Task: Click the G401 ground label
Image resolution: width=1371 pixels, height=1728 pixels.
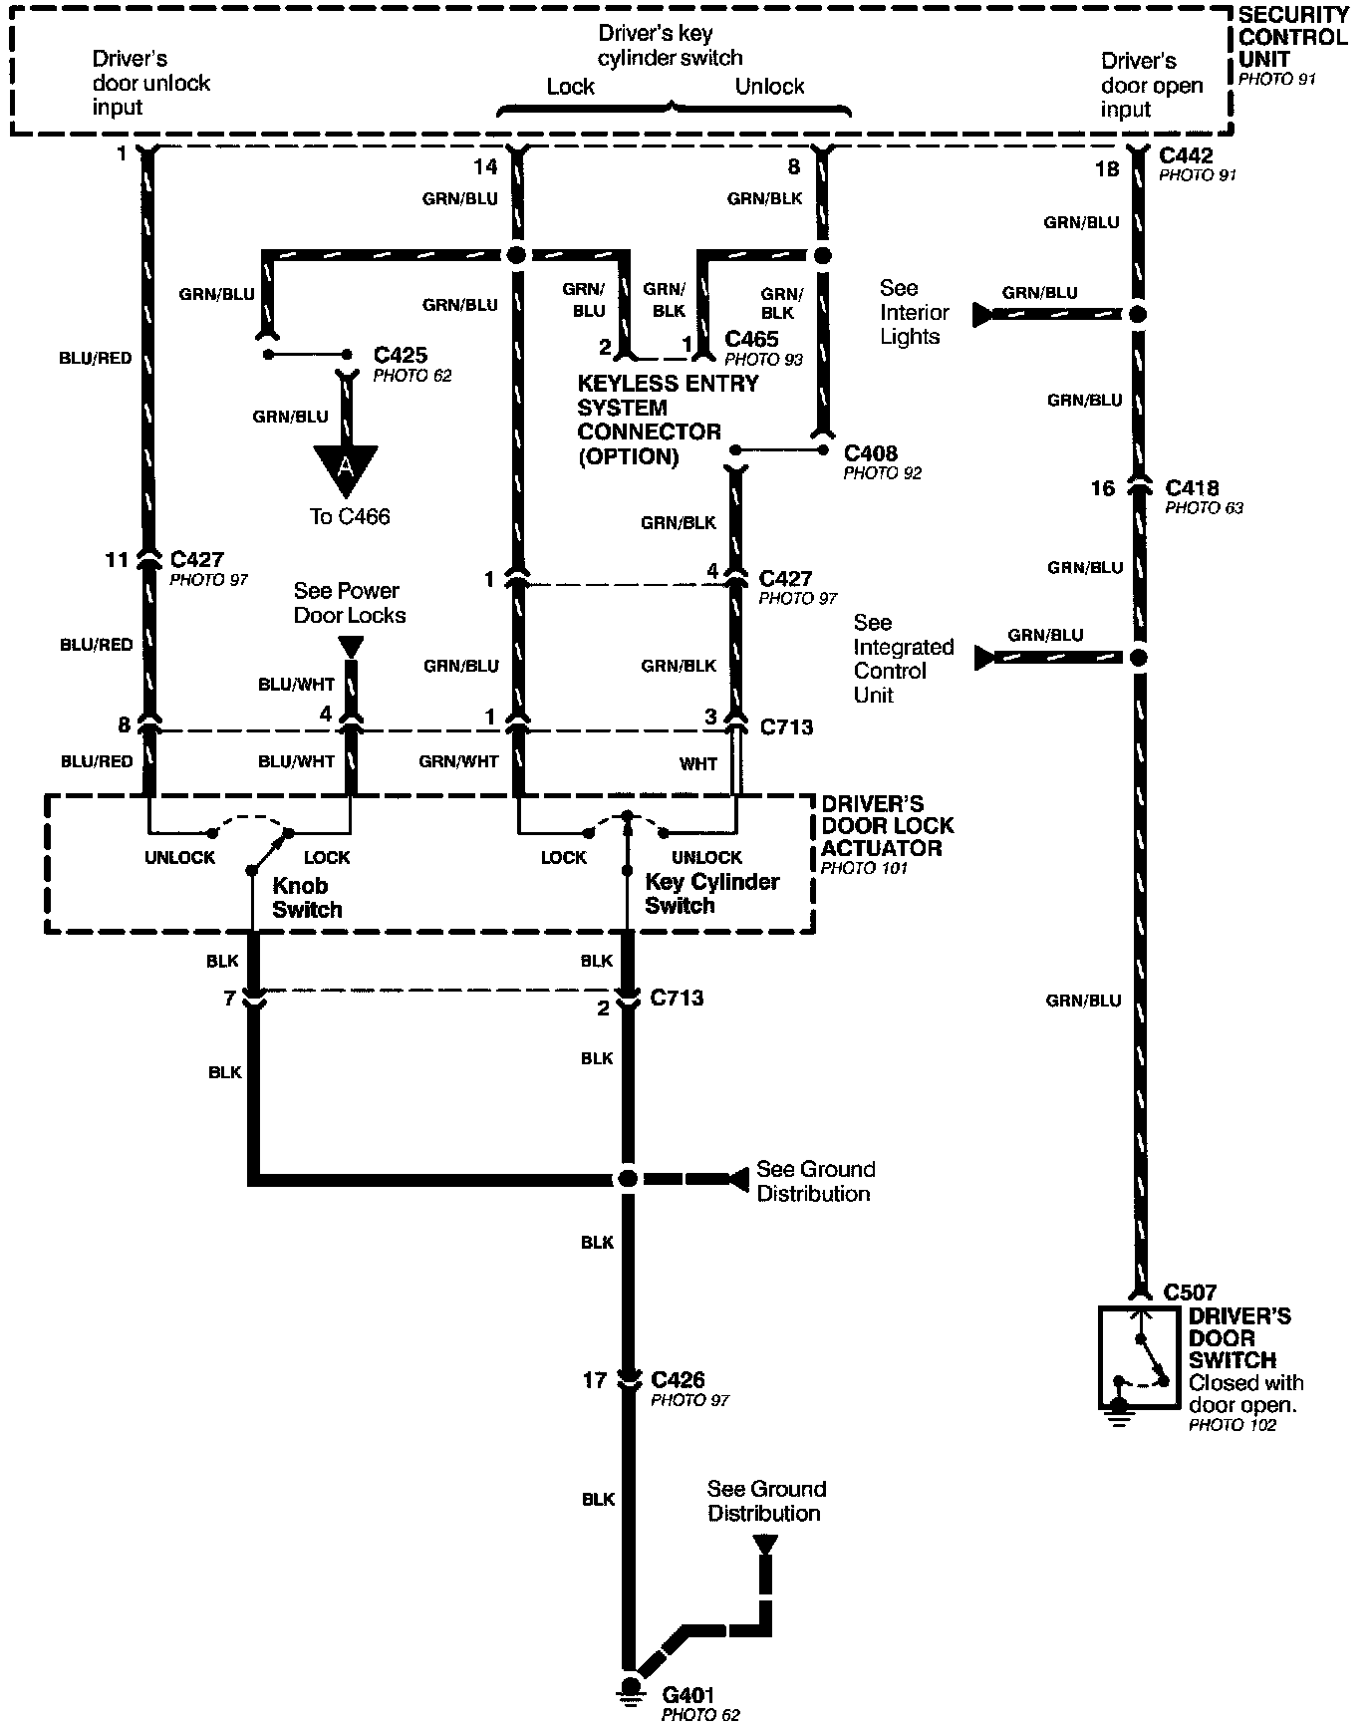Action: point(689,1693)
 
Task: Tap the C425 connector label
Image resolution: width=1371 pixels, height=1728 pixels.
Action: point(401,355)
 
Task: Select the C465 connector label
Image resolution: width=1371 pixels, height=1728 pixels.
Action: point(751,339)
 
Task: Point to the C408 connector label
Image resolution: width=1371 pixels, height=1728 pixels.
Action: point(870,453)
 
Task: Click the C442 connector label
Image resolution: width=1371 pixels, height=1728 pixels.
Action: point(1187,155)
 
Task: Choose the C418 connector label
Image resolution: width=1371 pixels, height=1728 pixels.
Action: point(1192,488)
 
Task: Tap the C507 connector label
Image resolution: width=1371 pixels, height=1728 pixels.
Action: point(1190,1293)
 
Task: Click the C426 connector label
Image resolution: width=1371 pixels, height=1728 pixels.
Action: point(678,1380)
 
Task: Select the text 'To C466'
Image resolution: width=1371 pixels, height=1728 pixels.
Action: point(350,516)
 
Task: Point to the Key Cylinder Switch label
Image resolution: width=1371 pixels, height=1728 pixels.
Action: point(711,893)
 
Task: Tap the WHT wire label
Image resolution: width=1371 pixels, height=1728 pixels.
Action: point(698,763)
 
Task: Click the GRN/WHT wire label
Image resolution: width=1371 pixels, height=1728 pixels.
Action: point(458,761)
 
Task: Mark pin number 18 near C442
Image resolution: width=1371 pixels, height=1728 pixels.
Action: point(1107,169)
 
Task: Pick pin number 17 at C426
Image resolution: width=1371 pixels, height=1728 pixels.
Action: point(595,1380)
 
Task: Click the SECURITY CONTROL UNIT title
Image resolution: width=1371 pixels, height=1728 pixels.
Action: point(1292,38)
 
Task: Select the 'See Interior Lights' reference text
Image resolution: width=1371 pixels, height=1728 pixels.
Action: point(914,312)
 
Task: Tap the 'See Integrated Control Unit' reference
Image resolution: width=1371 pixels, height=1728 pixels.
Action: point(903,659)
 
